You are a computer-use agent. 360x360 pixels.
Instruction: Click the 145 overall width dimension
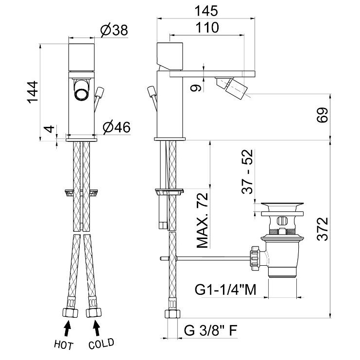206,11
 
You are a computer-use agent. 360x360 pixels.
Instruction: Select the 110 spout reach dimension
207,28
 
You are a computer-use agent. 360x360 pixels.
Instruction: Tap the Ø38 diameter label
114,30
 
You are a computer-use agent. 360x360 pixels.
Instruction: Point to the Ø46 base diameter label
117,127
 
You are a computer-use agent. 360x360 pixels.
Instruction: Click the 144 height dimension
33,92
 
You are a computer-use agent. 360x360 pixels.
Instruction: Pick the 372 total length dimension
323,229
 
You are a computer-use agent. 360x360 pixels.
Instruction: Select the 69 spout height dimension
323,115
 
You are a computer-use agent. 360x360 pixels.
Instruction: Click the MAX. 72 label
202,221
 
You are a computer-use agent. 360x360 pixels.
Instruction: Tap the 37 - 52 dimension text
247,171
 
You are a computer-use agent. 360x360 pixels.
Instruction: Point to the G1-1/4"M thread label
225,290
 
